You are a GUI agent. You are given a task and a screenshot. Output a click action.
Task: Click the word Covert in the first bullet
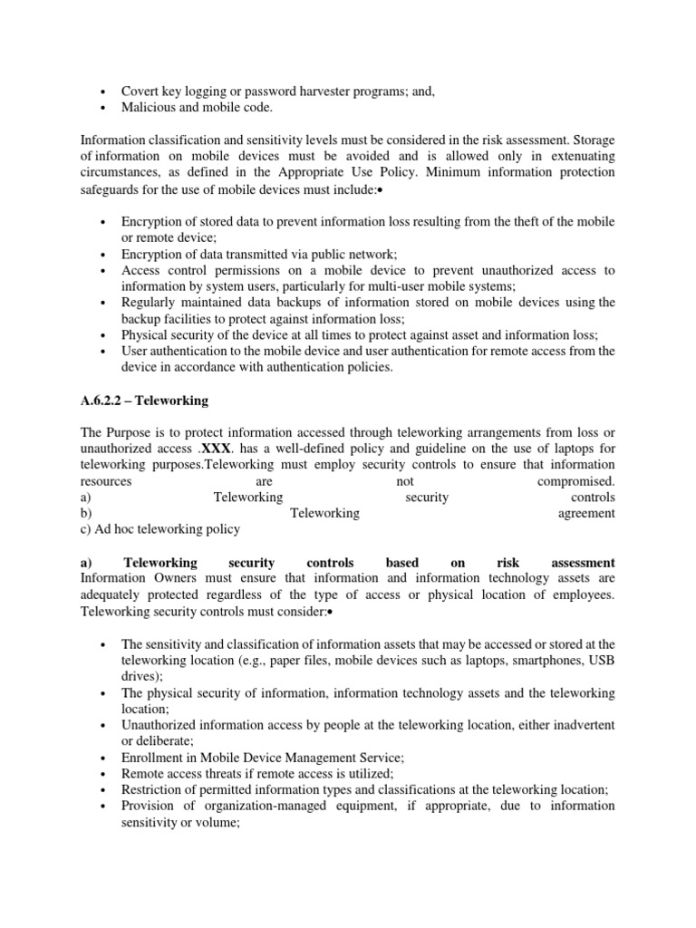(141, 92)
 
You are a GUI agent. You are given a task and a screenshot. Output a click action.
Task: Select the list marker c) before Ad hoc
(87, 529)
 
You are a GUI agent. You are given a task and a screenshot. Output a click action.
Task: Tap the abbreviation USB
(602, 661)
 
